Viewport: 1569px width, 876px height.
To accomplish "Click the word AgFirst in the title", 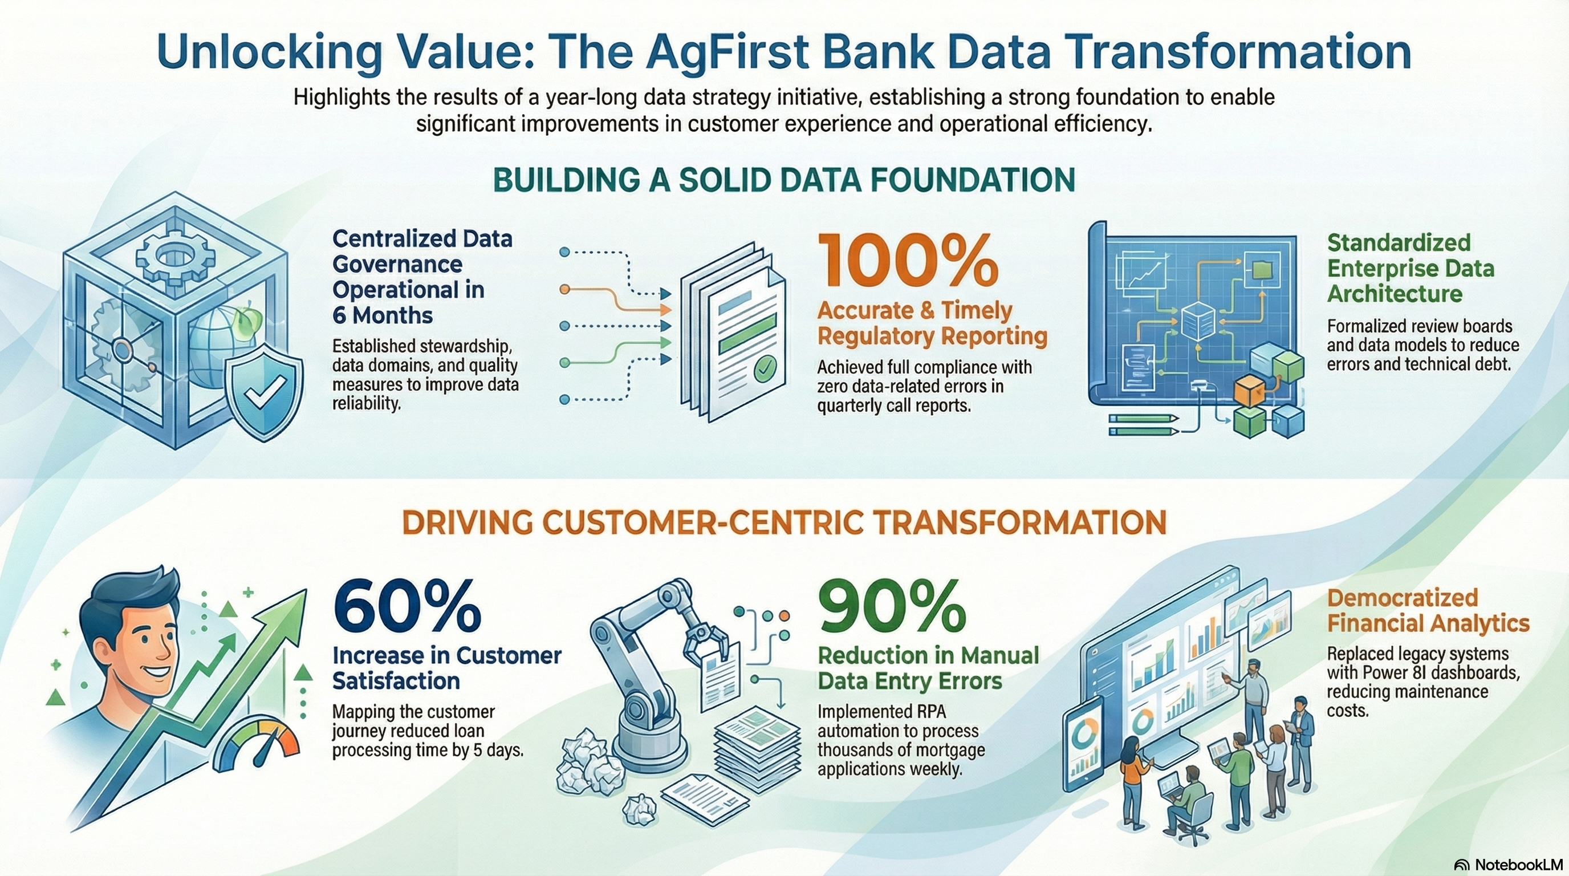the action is point(722,52).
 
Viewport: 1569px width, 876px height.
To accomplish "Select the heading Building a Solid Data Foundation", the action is point(784,180).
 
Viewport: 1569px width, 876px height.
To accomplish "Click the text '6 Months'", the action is point(383,315).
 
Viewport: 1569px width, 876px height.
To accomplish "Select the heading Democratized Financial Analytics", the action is point(1428,610).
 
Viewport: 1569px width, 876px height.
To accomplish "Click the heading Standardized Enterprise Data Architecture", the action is point(1411,268).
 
